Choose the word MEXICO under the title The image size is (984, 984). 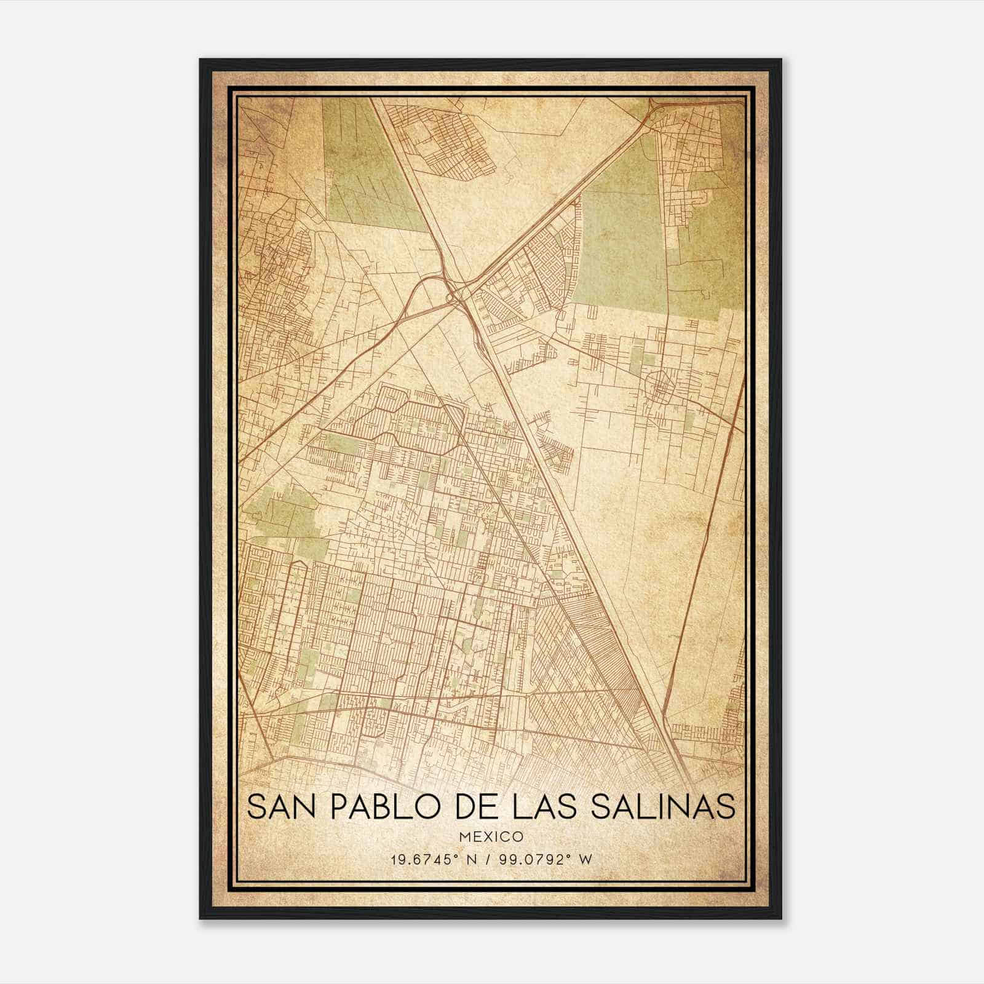491,837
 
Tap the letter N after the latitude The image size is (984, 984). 472,859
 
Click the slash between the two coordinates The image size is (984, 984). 490,859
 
